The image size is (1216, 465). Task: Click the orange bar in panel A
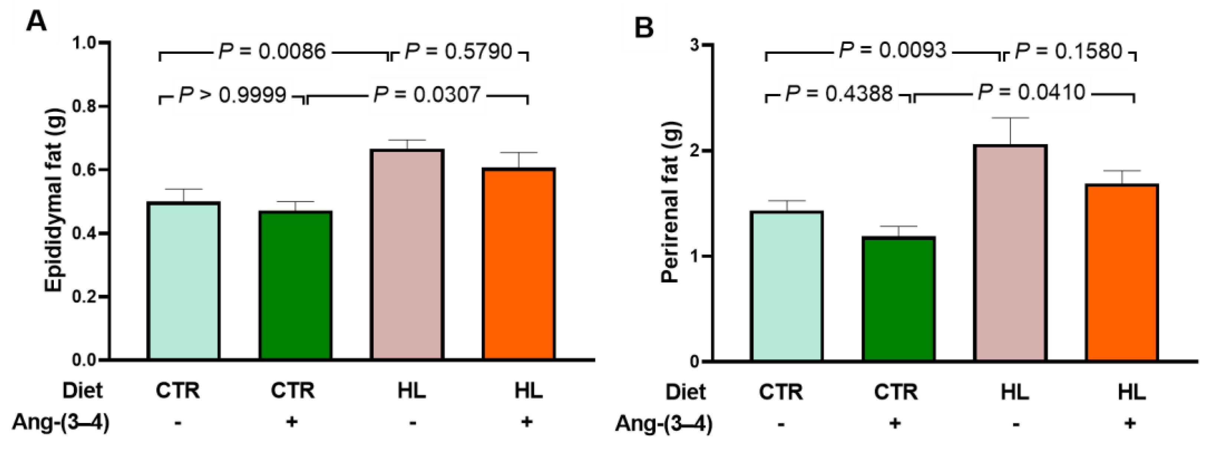coord(518,264)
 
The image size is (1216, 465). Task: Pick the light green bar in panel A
coord(184,281)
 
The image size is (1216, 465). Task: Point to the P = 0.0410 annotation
coord(1032,92)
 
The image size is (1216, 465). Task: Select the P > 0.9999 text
coord(233,95)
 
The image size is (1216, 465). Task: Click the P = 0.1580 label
coord(1068,51)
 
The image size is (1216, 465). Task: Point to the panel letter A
coord(36,21)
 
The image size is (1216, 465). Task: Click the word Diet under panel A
coord(83,391)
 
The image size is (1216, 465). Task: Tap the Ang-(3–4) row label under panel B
coord(663,423)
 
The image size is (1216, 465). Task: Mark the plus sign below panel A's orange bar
coord(527,422)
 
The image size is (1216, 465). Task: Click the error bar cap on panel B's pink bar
coord(1010,118)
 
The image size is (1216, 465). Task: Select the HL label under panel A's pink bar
coord(412,391)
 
